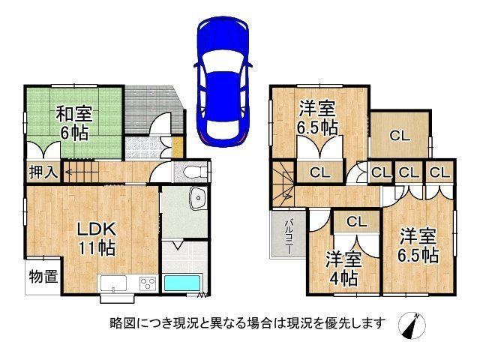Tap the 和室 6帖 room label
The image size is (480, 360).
[x=74, y=123]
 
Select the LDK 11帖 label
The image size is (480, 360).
[x=97, y=238]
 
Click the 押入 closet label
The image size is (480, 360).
[x=43, y=172]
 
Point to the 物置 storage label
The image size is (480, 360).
[x=43, y=277]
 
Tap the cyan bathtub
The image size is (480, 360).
[x=182, y=283]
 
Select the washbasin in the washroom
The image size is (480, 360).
[x=198, y=198]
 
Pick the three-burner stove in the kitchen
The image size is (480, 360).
[x=148, y=283]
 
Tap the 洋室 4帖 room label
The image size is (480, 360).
[x=343, y=268]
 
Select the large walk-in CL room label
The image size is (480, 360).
[x=400, y=135]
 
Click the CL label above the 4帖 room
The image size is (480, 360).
[x=357, y=221]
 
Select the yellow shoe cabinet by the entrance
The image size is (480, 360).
[x=177, y=148]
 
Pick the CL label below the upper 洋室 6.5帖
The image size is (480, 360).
[x=320, y=173]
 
